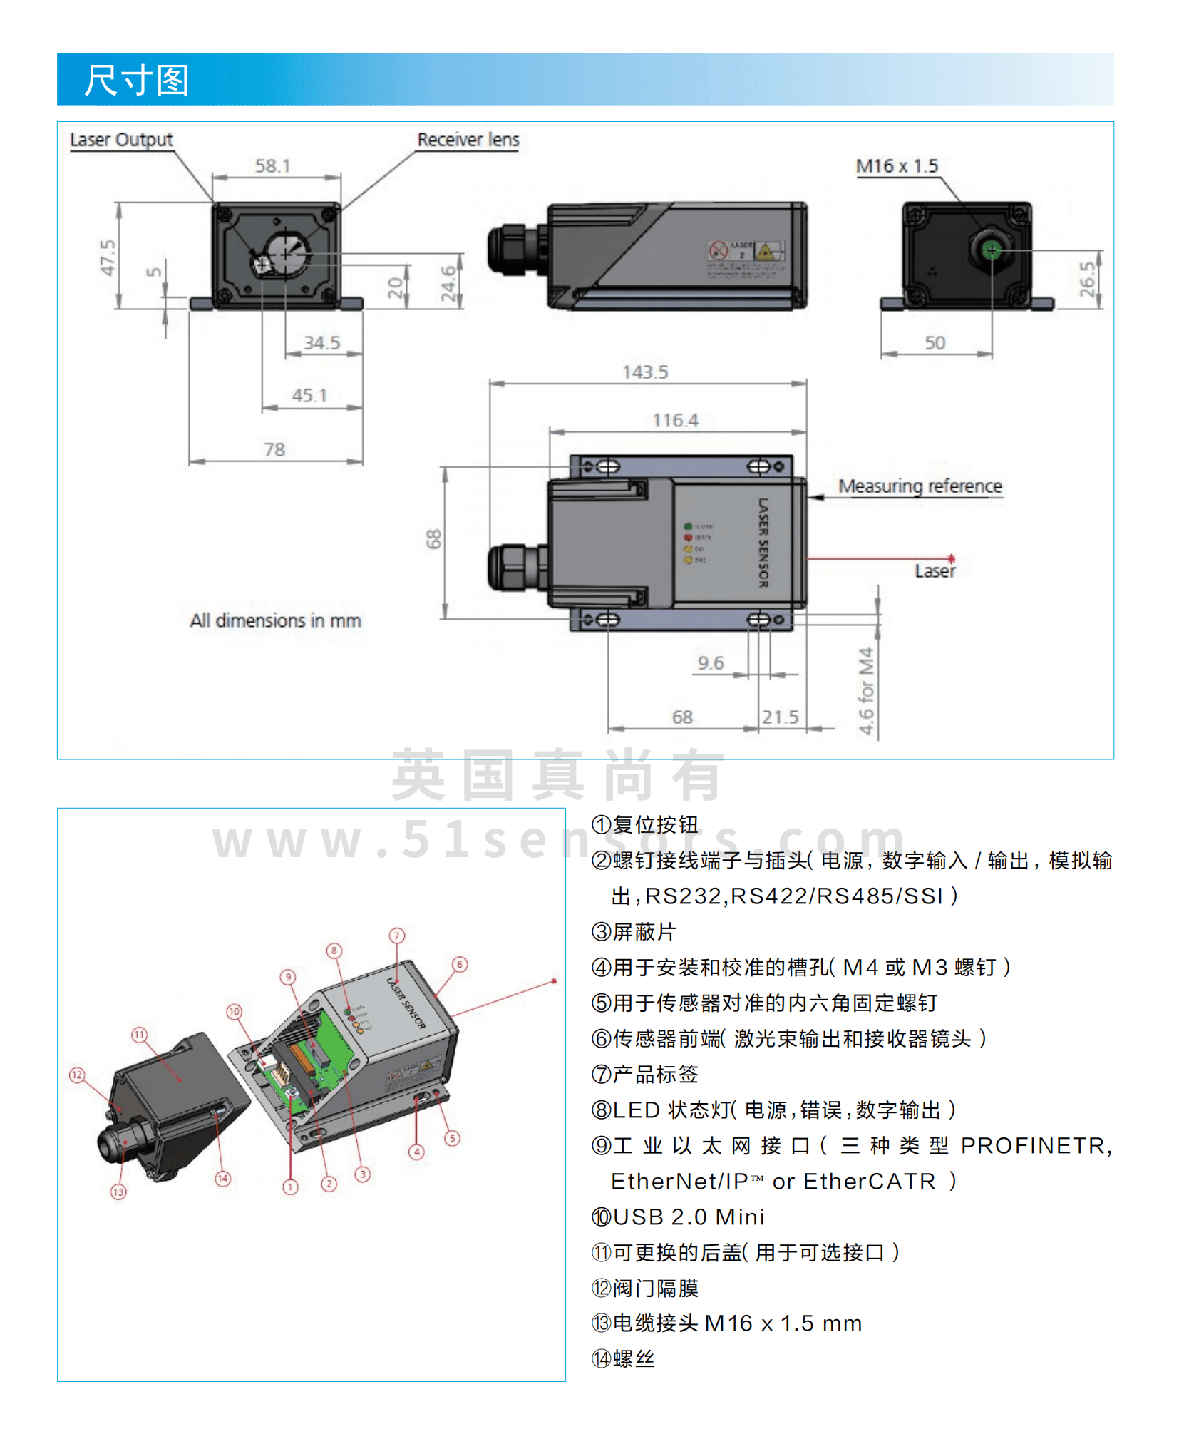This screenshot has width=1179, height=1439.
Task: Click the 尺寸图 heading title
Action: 136,80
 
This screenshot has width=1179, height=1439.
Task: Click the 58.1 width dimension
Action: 273,166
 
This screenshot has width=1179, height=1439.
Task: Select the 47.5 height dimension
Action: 107,257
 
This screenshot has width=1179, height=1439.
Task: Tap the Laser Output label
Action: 121,140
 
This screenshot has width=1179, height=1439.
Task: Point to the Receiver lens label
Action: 468,140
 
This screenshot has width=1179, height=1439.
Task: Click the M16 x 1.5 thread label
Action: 897,166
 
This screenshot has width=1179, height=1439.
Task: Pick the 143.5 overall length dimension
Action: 645,372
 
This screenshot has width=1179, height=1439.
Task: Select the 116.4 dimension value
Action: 675,421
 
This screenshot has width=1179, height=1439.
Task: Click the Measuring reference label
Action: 920,486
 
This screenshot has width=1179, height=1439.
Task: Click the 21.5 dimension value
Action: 780,717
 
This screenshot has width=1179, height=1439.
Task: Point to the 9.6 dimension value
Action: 711,663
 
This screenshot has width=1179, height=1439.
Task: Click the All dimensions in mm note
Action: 275,620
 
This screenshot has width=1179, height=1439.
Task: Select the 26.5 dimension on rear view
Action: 1086,279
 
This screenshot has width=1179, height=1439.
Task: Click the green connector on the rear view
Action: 992,250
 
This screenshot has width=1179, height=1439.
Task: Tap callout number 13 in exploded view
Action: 118,1192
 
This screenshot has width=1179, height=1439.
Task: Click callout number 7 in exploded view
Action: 397,936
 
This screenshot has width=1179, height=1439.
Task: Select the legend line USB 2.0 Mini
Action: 678,1217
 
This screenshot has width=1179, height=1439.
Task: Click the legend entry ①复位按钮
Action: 644,825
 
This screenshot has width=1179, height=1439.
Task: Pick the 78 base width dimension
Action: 274,449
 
